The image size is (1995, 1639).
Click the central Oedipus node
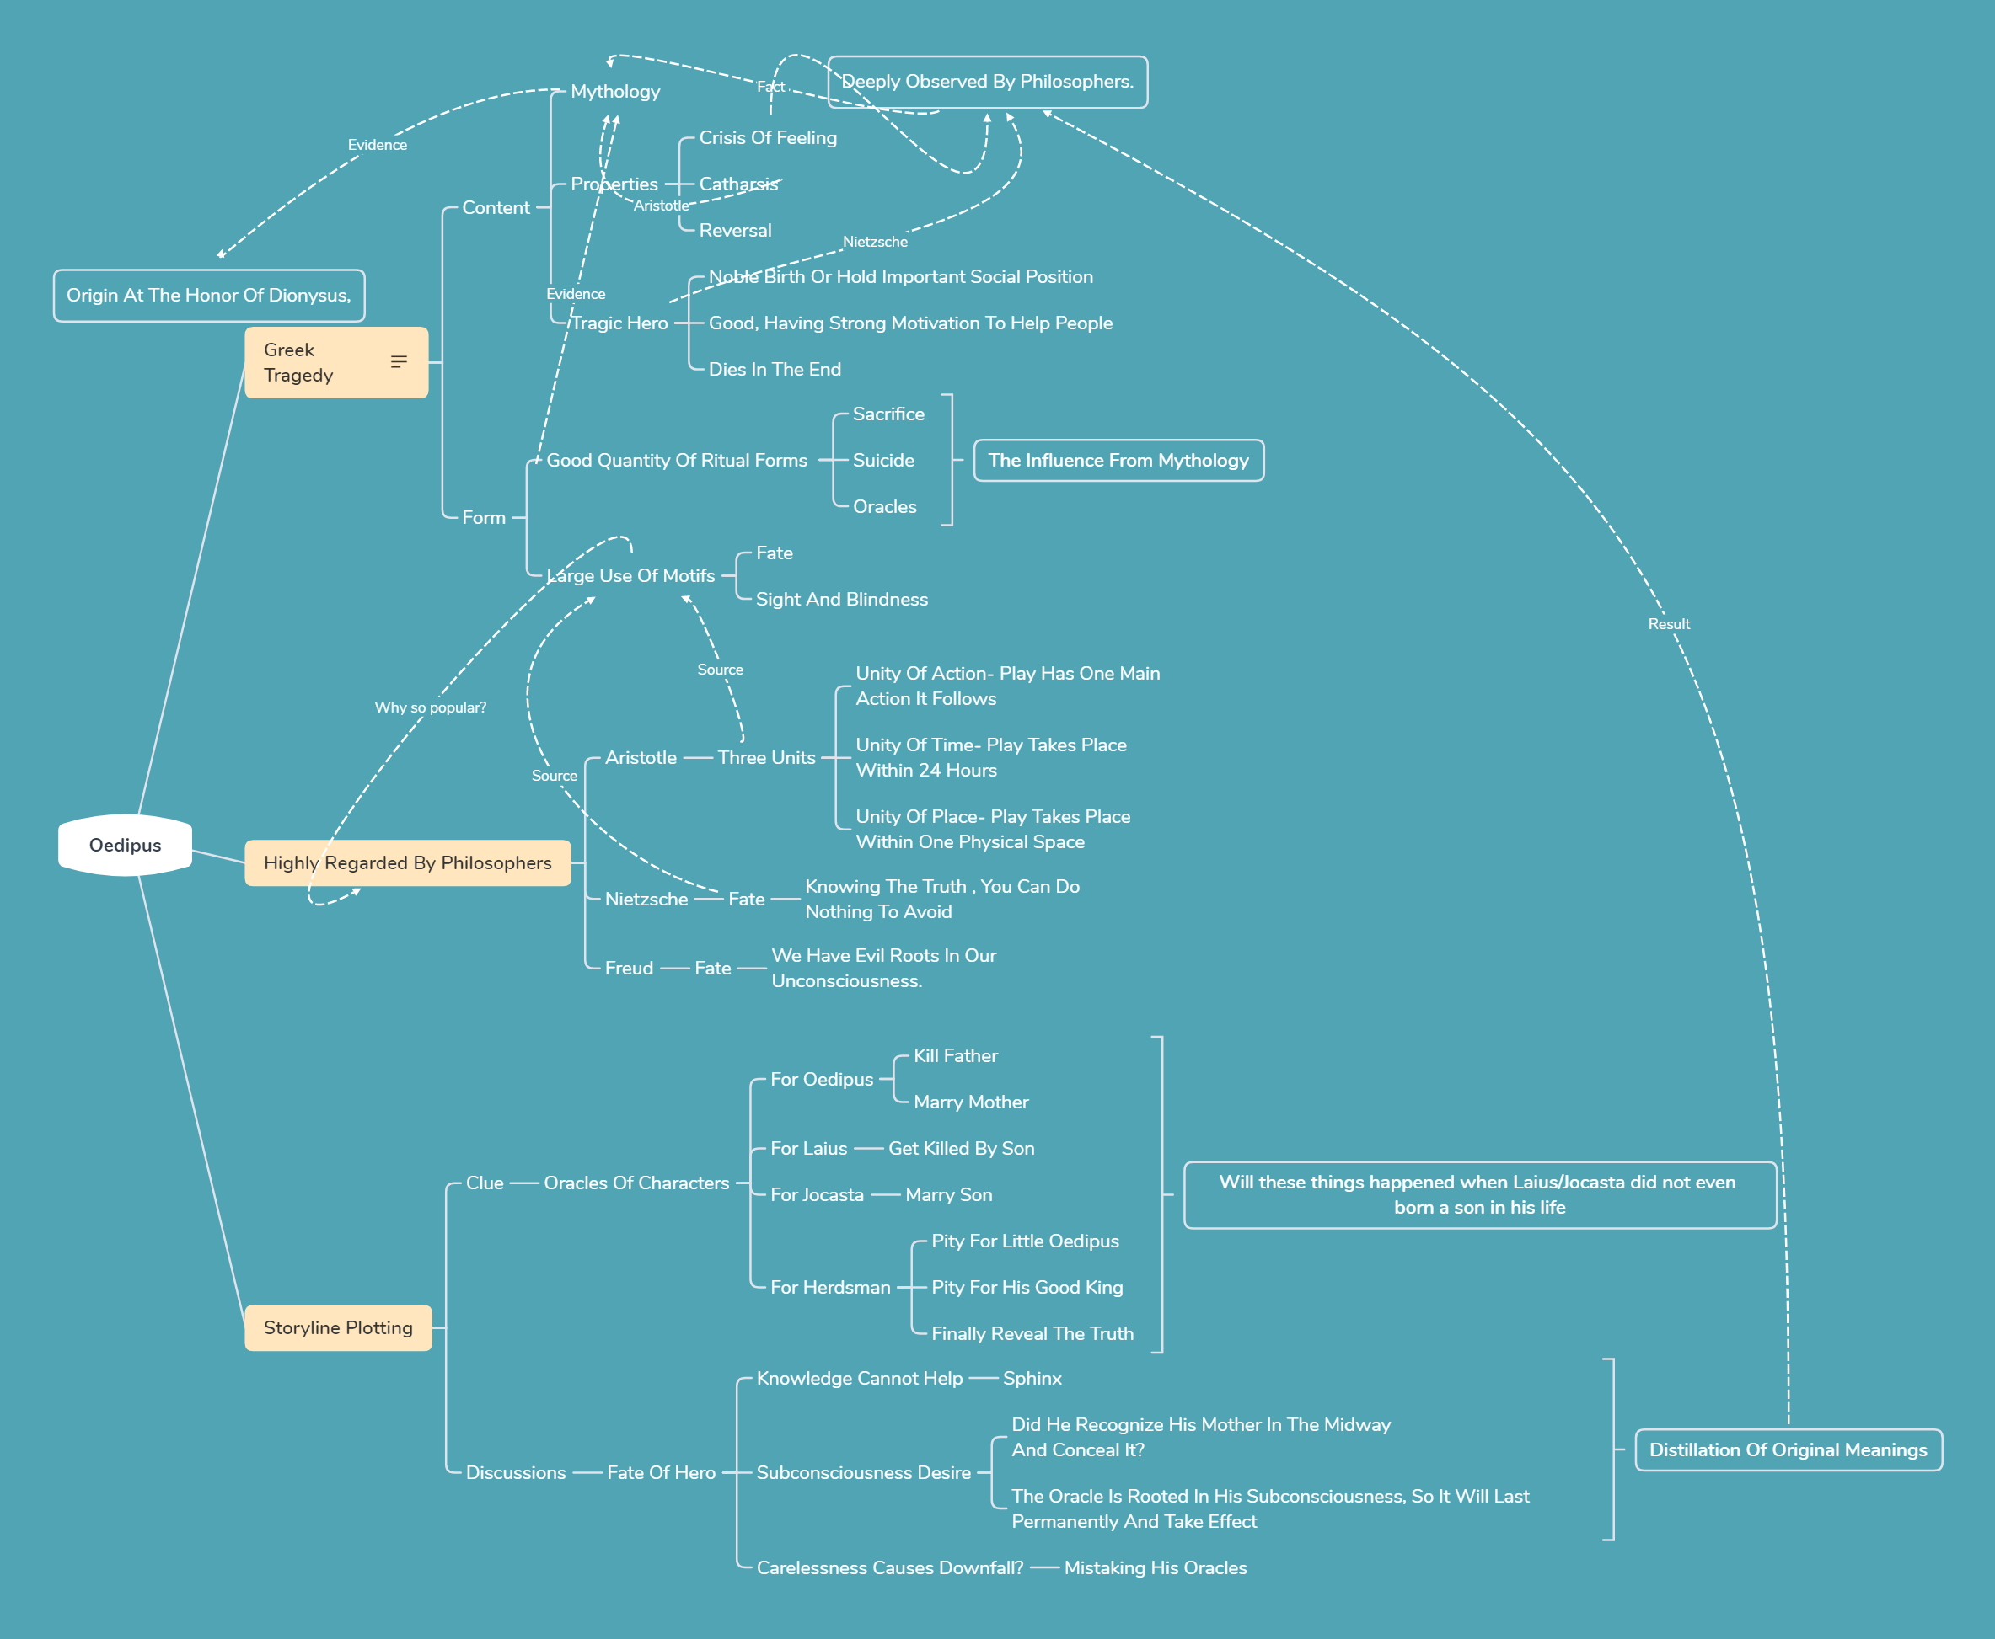[125, 845]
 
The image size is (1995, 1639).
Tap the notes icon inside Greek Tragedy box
[399, 361]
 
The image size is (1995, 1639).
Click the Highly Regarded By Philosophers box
[407, 863]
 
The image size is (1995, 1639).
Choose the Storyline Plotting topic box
[338, 1327]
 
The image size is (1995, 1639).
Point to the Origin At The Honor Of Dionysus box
[209, 296]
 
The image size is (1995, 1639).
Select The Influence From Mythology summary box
[1118, 461]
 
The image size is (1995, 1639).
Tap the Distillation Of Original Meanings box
[1789, 1450]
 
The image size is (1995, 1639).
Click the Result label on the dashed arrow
[1669, 624]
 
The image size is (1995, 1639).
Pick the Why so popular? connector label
[430, 707]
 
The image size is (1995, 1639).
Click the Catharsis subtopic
[738, 184]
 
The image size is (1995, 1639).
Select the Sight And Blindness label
[842, 600]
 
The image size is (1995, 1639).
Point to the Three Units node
[766, 757]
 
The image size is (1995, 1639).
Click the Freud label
[629, 968]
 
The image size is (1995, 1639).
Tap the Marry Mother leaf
[971, 1102]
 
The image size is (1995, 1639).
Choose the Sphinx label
[1032, 1379]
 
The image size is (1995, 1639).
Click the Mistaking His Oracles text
[1156, 1567]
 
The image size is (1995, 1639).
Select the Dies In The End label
[775, 369]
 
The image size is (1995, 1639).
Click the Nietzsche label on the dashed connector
[875, 242]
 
